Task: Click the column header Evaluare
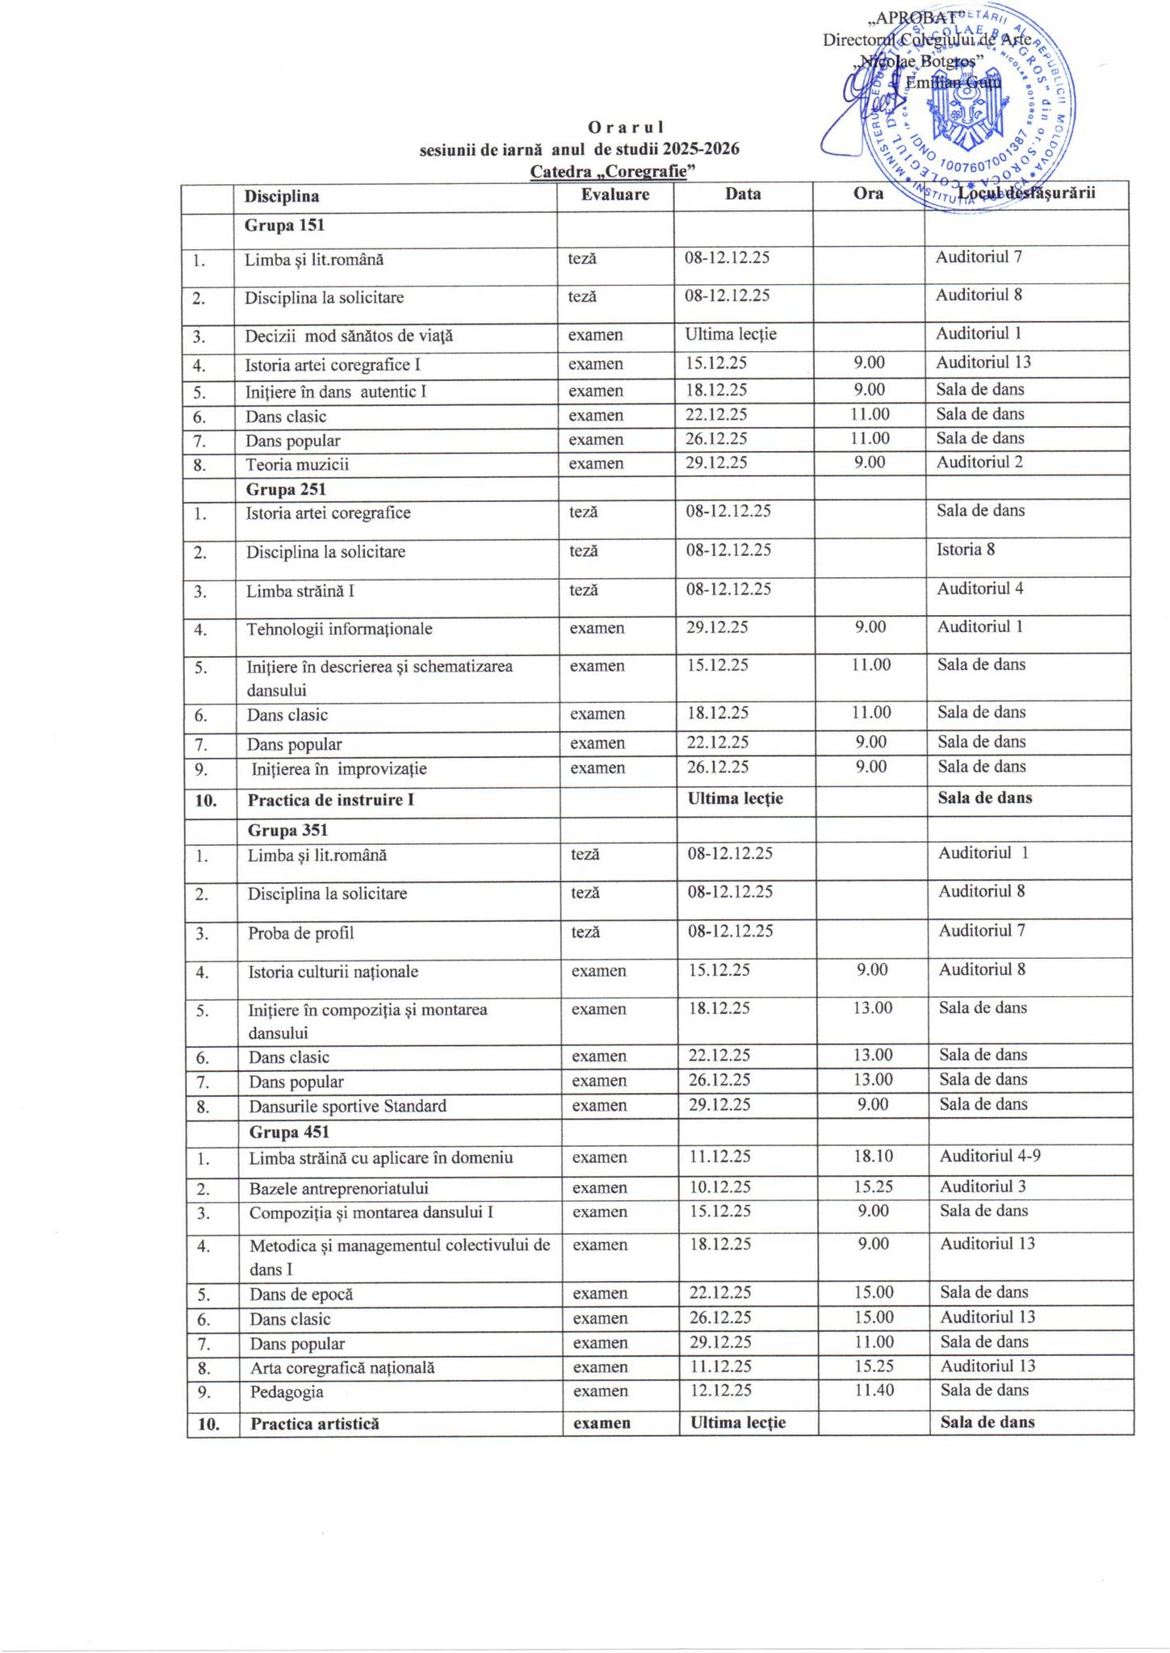pyautogui.click(x=615, y=195)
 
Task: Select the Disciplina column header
pyautogui.click(x=282, y=196)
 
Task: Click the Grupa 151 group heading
pyautogui.click(x=284, y=225)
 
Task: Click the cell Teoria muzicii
pyautogui.click(x=297, y=465)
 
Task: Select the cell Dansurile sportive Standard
pyautogui.click(x=347, y=1106)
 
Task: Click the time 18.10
pyautogui.click(x=873, y=1156)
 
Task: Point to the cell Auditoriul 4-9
pyautogui.click(x=990, y=1156)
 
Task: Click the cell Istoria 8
pyautogui.click(x=966, y=550)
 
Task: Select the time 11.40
pyautogui.click(x=874, y=1391)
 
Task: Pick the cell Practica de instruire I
pyautogui.click(x=331, y=801)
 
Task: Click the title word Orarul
pyautogui.click(x=626, y=127)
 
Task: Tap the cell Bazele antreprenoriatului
pyautogui.click(x=338, y=1188)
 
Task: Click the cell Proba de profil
pyautogui.click(x=301, y=933)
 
